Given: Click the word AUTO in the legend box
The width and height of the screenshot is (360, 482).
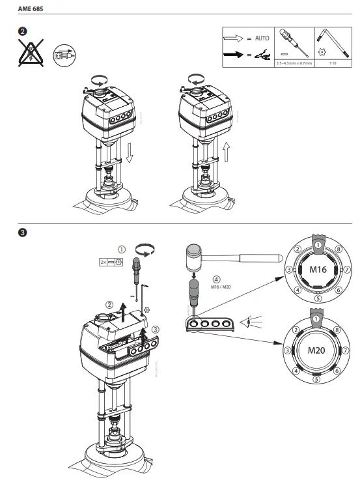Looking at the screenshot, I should click(x=261, y=38).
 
